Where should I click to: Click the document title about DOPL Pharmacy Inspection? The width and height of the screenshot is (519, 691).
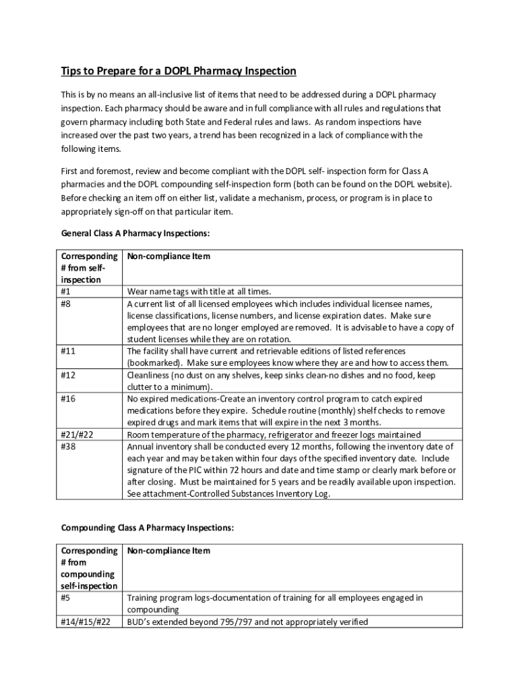179,71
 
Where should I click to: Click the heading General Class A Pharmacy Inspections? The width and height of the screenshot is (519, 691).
135,233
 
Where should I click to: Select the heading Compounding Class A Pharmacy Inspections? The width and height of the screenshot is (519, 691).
148,528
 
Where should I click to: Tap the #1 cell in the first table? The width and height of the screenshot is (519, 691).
66,292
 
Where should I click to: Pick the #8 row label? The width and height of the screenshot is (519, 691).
66,304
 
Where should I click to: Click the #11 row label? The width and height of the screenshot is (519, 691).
68,351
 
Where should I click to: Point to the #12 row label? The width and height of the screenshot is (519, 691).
68,375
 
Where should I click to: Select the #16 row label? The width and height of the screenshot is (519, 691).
68,398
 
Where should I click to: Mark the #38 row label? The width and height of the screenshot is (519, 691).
68,446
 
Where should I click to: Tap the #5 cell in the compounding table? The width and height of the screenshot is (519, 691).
66,598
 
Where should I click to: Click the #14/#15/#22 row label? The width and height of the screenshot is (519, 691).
86,621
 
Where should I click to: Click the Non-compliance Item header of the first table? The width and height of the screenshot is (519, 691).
169,256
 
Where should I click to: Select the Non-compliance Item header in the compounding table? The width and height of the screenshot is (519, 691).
169,551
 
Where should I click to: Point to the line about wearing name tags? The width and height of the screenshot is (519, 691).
199,292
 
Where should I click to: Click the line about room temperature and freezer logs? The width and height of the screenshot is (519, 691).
274,435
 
